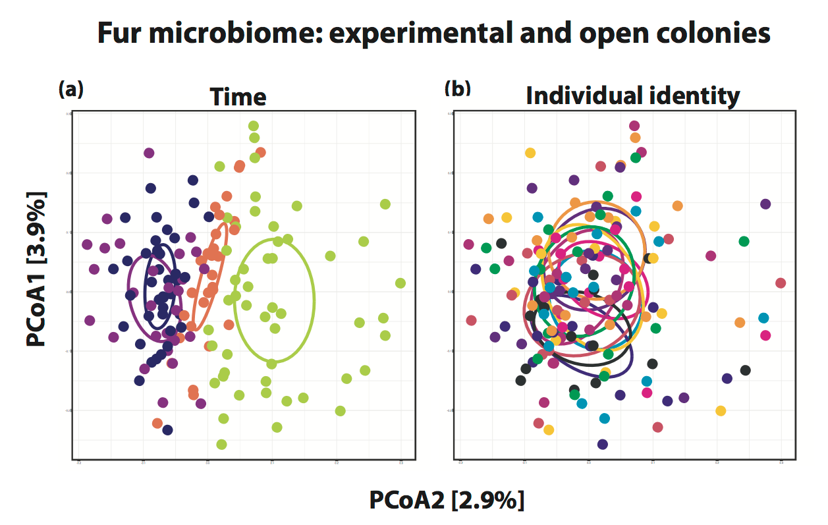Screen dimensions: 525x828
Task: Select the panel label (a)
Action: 71,89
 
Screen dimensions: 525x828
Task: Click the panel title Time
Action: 238,97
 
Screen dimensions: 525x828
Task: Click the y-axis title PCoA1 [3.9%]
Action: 37,269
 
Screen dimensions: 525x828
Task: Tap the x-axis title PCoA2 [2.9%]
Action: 447,500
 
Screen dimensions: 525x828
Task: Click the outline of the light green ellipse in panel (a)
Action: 313,300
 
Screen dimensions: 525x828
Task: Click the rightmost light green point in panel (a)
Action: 400,283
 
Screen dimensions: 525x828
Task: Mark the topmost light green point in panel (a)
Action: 253,126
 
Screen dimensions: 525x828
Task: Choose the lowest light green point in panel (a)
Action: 221,444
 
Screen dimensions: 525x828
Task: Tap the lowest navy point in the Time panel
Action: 167,430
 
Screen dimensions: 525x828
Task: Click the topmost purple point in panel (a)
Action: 149,153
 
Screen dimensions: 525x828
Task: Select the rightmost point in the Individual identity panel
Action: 781,283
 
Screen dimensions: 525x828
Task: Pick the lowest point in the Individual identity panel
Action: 602,444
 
